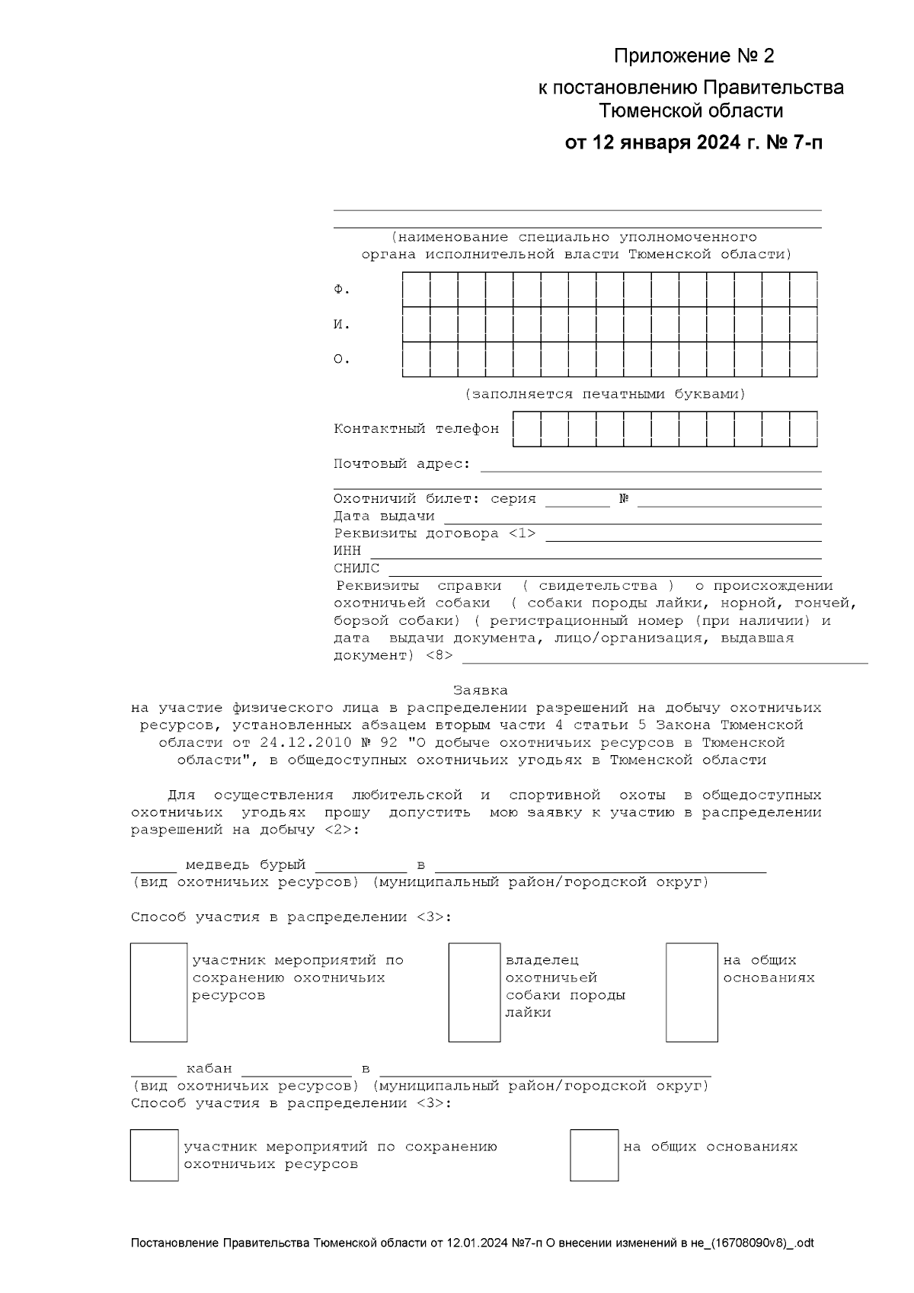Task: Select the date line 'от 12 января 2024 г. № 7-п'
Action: (693, 143)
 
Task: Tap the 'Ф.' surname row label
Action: (342, 290)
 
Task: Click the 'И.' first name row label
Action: (342, 325)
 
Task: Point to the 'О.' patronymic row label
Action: (342, 360)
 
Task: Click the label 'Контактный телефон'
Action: (416, 429)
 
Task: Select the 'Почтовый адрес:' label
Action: (401, 464)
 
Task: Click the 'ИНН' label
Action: (347, 551)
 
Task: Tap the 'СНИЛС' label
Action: (356, 568)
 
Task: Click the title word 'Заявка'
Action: (480, 690)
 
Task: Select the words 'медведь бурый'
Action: (245, 865)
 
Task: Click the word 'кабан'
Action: (209, 1069)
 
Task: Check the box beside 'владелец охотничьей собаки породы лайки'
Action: (474, 992)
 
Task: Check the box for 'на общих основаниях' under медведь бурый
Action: (692, 992)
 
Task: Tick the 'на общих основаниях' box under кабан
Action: (594, 1155)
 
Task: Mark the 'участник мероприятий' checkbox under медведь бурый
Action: (158, 992)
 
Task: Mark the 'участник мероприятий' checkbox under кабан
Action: (154, 1155)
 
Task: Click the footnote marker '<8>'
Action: (439, 655)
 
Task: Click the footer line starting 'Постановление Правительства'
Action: (472, 1243)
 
